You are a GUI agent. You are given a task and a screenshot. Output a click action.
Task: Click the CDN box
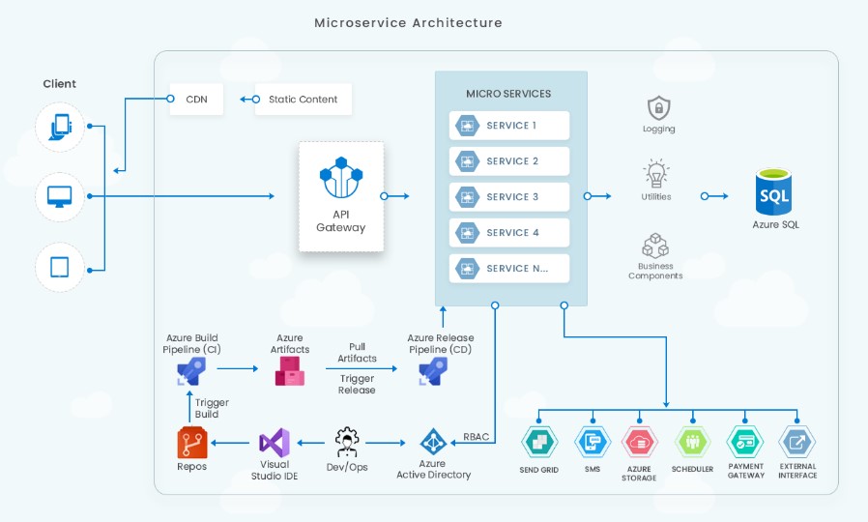point(196,100)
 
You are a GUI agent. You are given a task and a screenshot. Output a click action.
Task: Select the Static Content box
point(303,100)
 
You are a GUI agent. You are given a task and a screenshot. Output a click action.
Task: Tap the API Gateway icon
point(341,177)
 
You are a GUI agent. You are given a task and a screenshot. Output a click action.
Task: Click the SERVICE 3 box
point(509,196)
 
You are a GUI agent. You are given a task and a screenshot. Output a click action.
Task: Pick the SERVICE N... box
point(509,269)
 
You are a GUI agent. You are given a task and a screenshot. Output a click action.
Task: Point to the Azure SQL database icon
point(773,191)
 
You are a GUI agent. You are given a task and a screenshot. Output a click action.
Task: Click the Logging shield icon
point(659,108)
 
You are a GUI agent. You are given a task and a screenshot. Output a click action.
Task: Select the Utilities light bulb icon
point(656,173)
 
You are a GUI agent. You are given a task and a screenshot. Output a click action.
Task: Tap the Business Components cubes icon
point(655,246)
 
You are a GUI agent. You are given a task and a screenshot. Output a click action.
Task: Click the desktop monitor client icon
point(59,196)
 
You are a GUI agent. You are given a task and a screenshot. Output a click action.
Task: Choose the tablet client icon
point(59,268)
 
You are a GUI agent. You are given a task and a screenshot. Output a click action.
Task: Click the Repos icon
point(192,443)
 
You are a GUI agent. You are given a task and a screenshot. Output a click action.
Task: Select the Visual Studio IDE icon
point(275,443)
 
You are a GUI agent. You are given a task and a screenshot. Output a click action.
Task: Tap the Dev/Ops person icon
point(347,443)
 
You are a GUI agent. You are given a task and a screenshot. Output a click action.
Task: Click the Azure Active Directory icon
point(433,442)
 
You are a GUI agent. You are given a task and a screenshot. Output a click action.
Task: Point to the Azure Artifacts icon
point(290,371)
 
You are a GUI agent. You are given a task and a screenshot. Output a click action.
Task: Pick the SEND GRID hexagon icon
point(539,442)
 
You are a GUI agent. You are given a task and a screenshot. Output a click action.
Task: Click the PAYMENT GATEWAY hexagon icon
point(745,442)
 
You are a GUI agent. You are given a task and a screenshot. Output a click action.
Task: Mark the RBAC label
point(477,437)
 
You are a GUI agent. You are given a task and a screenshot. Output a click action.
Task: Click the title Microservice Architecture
point(409,22)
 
